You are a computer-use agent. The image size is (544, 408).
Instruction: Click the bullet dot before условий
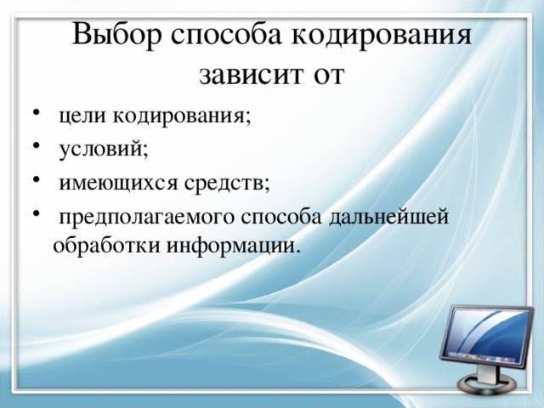[x=32, y=149]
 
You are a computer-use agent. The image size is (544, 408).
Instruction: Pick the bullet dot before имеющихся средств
[x=32, y=181]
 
